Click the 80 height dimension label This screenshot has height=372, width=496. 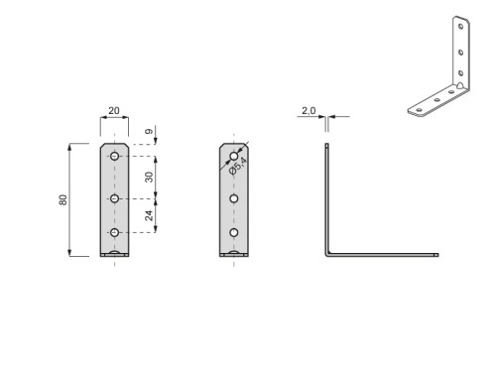point(62,199)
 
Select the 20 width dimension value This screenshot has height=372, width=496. point(114,110)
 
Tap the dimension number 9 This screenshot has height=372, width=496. point(149,131)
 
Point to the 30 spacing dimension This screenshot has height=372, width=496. point(149,178)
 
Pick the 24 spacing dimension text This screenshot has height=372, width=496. point(149,215)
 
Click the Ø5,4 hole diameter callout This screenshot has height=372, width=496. point(238,166)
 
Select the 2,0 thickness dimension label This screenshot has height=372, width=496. point(309,110)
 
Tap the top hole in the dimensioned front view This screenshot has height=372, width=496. point(115,156)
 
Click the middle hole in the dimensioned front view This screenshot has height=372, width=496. point(115,198)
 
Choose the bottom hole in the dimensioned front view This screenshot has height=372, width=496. point(115,233)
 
